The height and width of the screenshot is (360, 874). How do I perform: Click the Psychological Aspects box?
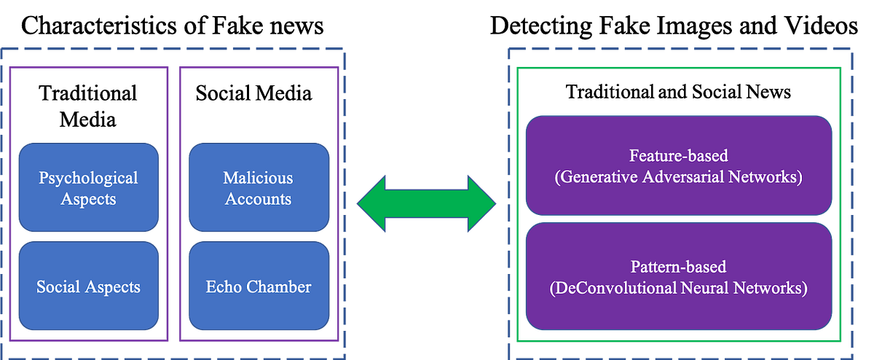pos(88,188)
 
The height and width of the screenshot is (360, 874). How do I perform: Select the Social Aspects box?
pos(88,286)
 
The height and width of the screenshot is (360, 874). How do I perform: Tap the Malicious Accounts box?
pos(258,188)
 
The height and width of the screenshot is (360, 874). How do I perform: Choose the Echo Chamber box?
pos(258,286)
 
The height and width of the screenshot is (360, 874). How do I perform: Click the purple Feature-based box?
pos(679,165)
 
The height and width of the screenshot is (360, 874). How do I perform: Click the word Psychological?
pos(88,178)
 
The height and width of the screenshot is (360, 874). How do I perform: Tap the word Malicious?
pos(258,178)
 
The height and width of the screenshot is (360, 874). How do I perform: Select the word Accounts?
pos(258,199)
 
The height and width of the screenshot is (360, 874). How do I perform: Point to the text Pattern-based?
pos(679,267)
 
